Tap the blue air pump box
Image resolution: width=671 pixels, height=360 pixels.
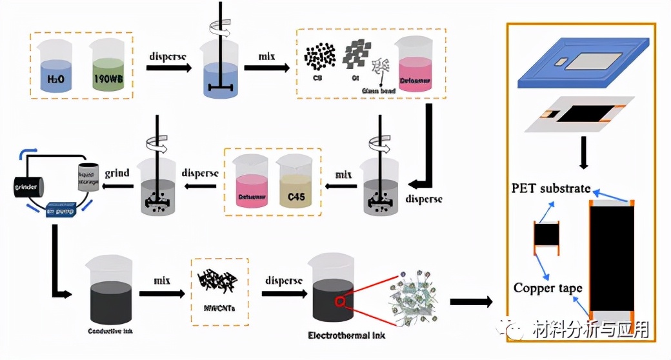point(63,211)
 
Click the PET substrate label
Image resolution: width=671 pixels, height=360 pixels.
point(551,188)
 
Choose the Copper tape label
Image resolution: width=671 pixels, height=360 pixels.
point(548,288)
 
